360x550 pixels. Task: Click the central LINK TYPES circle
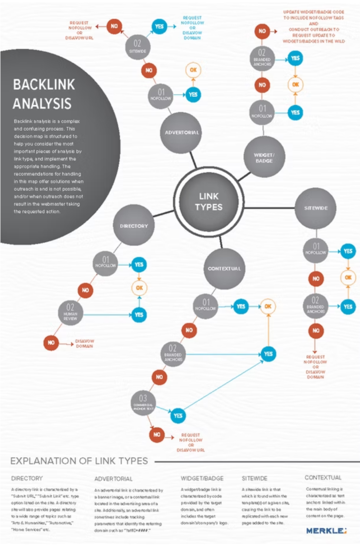point(209,202)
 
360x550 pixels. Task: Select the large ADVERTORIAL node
point(181,133)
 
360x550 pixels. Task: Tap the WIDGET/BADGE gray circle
point(264,158)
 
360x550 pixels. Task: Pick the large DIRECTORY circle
point(134,226)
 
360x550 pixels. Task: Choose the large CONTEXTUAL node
point(224,268)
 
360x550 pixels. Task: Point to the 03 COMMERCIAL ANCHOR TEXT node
point(143,402)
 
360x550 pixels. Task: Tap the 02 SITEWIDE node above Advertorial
point(137,46)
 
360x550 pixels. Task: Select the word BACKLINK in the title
point(44,85)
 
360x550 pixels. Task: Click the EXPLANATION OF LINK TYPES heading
point(79,461)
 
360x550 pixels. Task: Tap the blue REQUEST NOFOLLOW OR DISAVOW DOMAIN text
point(192,28)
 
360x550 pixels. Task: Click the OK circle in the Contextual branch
point(268,307)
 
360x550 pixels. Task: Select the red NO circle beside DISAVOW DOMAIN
point(51,343)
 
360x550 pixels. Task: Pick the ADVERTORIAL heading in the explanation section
point(113,479)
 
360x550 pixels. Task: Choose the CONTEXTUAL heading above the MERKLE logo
point(323,478)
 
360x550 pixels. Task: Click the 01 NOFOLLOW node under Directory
point(106,263)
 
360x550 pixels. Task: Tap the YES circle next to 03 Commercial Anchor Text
point(178,416)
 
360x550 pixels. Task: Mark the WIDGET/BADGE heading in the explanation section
point(202,478)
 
